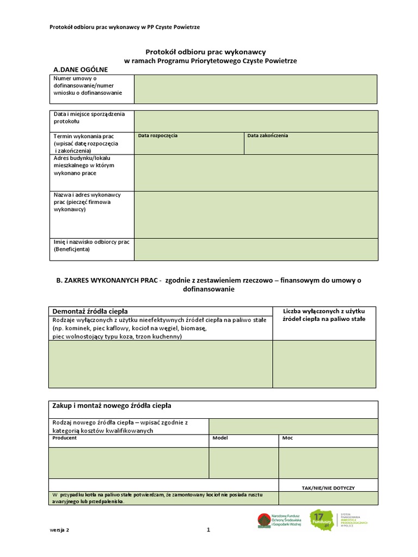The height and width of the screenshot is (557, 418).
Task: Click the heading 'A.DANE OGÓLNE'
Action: click(x=81, y=70)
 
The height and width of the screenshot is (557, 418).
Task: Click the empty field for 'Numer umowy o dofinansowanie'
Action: click(x=255, y=89)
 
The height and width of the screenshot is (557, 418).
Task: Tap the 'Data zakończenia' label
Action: click(x=268, y=135)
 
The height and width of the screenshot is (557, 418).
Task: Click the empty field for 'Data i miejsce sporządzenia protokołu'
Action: click(x=255, y=121)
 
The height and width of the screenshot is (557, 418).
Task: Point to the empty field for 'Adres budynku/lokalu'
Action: click(x=255, y=172)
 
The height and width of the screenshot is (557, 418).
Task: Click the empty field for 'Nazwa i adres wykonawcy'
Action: click(x=255, y=214)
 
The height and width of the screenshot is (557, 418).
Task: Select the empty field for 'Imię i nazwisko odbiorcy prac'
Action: click(x=255, y=249)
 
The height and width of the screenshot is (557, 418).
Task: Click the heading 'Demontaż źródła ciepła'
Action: click(x=89, y=311)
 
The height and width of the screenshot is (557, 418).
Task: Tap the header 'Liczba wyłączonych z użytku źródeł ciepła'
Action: click(x=324, y=314)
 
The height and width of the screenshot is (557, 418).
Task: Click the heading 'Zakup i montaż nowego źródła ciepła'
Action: click(x=112, y=406)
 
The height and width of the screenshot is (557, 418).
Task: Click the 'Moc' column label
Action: click(x=287, y=437)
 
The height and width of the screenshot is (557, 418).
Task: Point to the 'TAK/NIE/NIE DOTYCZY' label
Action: click(x=328, y=488)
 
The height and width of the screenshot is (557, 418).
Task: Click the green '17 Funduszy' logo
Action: click(x=321, y=520)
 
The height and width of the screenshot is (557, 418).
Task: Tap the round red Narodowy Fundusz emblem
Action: click(x=264, y=521)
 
